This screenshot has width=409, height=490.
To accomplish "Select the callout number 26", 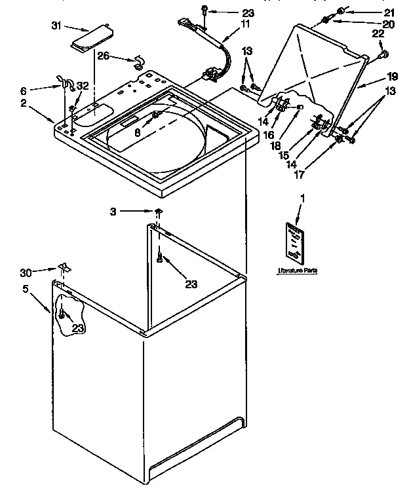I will pos(103,56).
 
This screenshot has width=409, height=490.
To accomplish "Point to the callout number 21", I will pos(389,12).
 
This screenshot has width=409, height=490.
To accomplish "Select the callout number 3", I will pos(113,211).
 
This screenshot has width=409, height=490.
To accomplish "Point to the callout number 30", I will pos(43,271).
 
